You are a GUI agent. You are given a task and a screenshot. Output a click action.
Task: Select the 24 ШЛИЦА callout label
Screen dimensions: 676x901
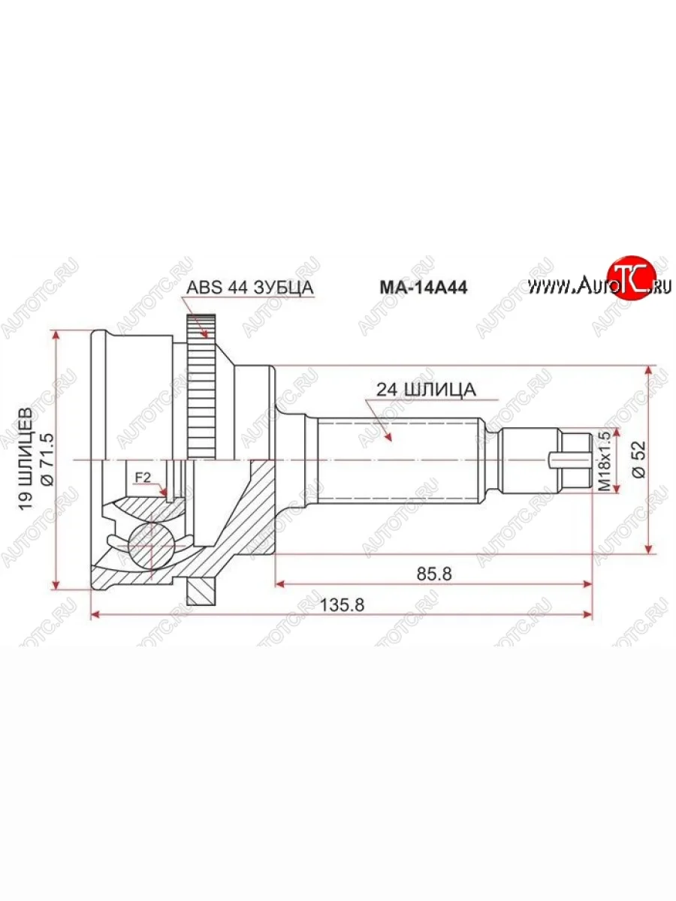click(x=427, y=390)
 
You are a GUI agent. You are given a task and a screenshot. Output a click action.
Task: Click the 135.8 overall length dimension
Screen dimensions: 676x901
click(x=342, y=604)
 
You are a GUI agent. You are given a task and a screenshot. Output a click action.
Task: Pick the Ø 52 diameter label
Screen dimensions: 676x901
click(x=640, y=460)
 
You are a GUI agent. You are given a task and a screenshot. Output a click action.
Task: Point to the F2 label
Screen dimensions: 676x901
click(x=143, y=477)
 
